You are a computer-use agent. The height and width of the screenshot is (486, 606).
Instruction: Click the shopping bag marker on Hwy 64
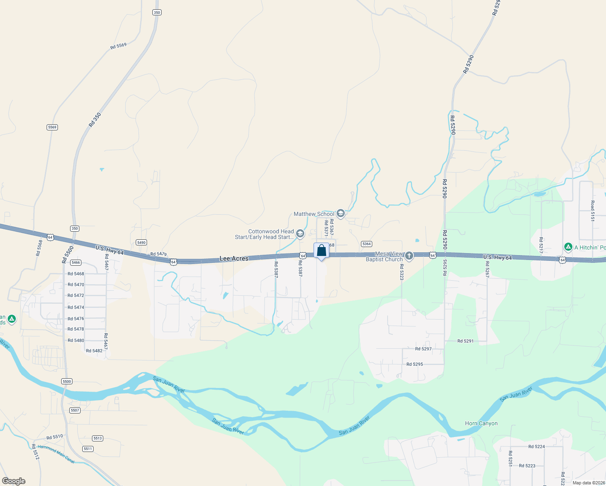pos(321,251)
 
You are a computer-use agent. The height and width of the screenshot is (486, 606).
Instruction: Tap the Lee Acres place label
pos(234,258)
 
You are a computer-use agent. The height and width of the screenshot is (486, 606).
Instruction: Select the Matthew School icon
pos(341,213)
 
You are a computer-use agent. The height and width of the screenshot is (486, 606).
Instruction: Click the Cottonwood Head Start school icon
pos(300,234)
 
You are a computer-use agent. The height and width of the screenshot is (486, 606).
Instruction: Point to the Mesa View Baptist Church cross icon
pos(409,256)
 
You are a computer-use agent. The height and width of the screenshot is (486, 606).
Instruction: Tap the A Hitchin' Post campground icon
pos(568,247)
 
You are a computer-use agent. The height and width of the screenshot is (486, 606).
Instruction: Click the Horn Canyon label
pos(481,423)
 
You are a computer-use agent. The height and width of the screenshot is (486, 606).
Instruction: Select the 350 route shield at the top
pos(157,13)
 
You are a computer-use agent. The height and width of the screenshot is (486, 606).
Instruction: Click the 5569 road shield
pos(52,127)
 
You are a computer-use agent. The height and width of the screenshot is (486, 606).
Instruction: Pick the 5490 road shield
pos(141,243)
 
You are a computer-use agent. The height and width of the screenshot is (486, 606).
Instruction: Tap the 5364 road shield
pos(366,244)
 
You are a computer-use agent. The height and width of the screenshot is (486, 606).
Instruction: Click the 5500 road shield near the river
pos(67,381)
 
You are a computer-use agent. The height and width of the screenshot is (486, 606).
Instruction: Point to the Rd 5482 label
pos(94,351)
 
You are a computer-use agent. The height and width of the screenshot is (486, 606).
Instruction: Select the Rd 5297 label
pos(423,349)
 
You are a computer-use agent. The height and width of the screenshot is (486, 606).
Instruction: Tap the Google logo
pos(13,481)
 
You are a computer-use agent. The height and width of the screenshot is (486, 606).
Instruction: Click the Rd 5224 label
pos(536,447)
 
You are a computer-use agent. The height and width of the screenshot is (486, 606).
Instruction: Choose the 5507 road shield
pos(75,410)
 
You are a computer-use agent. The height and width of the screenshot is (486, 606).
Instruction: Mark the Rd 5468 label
pos(76,274)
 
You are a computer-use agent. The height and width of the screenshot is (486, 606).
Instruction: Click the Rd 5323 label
pos(402,272)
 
